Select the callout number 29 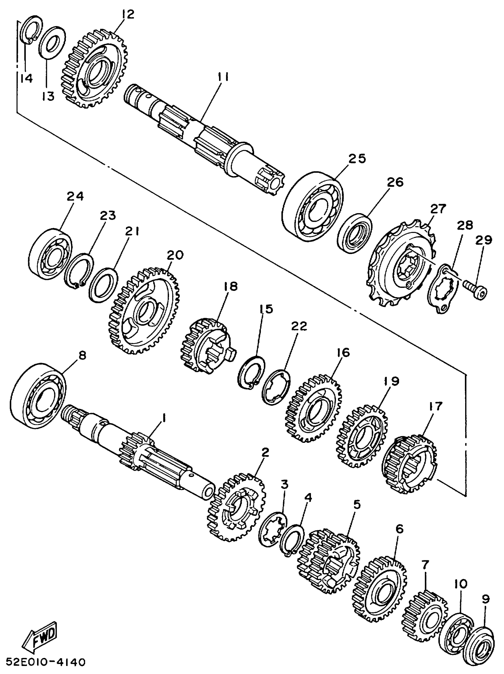point(484,240)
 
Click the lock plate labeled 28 point(442,288)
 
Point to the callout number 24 point(75,196)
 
